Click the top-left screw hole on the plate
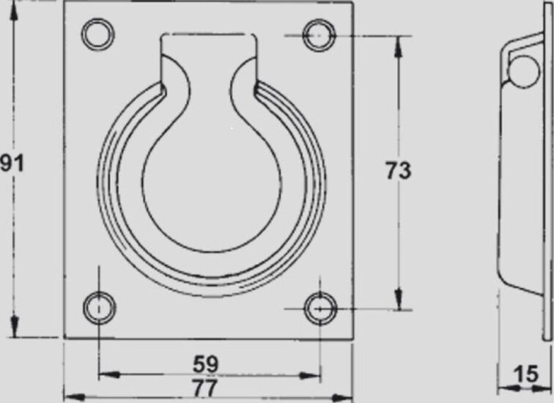[x=98, y=34]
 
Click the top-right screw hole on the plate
[x=319, y=35]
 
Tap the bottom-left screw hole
[x=99, y=308]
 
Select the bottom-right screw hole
[x=320, y=308]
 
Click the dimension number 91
[x=12, y=163]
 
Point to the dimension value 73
[x=398, y=171]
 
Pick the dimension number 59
[x=206, y=363]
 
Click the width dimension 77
[x=205, y=388]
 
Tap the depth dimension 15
[x=526, y=374]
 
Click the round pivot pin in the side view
[x=524, y=71]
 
